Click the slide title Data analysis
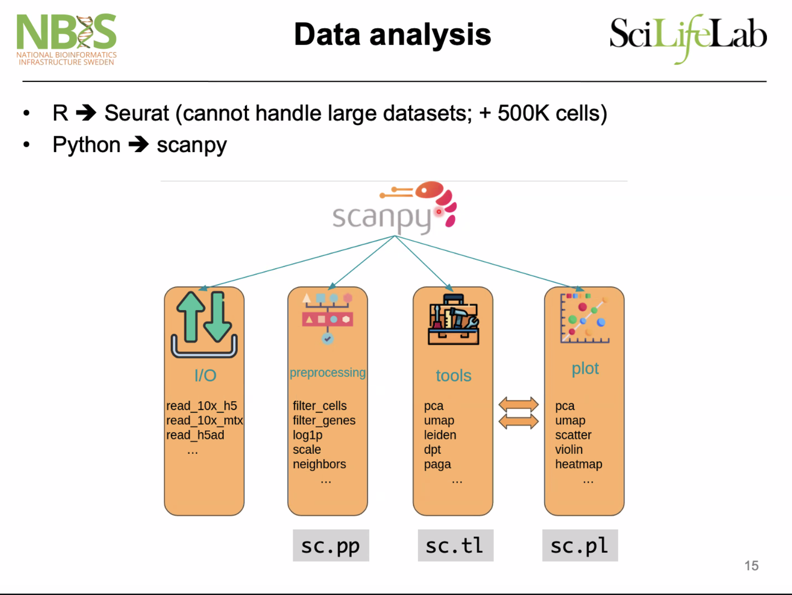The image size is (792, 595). (392, 35)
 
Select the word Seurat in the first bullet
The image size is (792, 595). (137, 113)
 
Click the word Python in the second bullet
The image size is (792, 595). (87, 145)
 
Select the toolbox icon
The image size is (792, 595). (453, 320)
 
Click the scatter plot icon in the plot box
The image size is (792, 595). (584, 318)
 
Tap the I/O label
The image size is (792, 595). (205, 376)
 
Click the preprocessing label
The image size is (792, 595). (328, 372)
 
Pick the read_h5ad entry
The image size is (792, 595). (195, 435)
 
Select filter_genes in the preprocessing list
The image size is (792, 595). (324, 420)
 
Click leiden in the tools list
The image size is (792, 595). (440, 435)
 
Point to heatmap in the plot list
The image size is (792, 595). (578, 464)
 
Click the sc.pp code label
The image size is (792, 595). (330, 546)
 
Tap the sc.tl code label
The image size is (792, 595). (455, 546)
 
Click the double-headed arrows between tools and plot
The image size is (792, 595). (518, 413)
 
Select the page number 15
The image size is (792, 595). (751, 566)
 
